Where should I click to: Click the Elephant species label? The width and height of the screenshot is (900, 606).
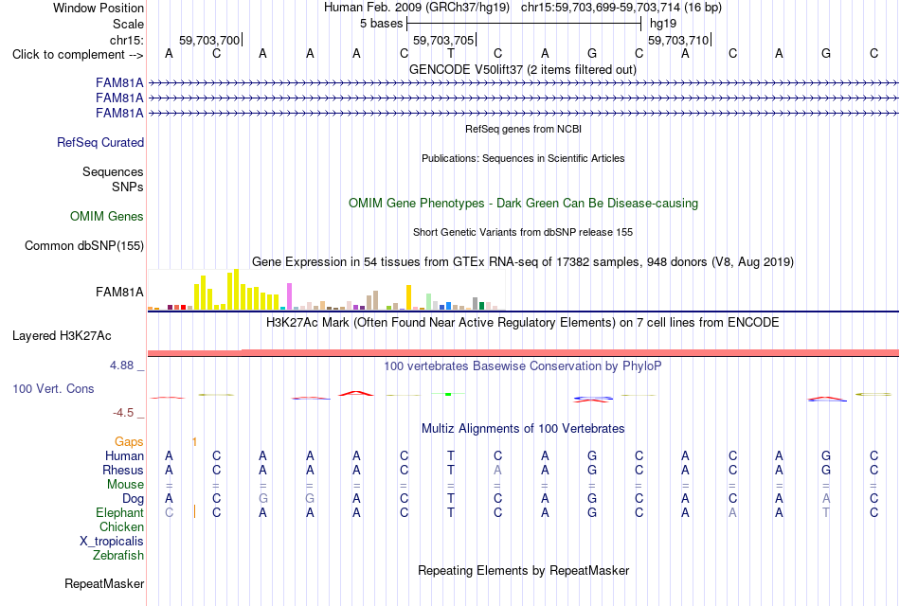coord(119,512)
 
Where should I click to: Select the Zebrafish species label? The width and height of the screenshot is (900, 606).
coord(118,555)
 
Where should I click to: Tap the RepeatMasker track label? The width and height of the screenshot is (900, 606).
coord(104,583)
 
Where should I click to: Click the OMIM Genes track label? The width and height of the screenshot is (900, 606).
coord(107,216)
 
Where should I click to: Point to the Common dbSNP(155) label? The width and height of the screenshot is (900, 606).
coord(83,245)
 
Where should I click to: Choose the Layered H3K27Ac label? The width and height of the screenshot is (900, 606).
coord(62,336)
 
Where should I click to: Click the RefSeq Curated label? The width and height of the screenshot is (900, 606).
coord(100,142)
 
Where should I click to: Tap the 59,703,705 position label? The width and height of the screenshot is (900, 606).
coord(443,40)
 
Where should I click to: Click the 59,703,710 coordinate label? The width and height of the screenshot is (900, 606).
coord(678,40)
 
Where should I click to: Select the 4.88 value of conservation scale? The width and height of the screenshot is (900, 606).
coord(121,365)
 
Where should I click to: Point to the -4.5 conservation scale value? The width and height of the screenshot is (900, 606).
coord(123,413)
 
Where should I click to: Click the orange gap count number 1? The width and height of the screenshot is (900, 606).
coord(194,442)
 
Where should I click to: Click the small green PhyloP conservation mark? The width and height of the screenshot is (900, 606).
coord(448,394)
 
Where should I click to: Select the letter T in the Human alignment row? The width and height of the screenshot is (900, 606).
coord(451,455)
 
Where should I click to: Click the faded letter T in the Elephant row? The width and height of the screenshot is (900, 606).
coord(825,512)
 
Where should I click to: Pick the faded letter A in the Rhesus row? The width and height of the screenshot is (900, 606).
coord(497,470)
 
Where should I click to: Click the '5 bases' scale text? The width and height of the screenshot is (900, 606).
coord(381,24)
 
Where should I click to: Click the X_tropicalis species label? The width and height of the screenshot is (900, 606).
coord(112,542)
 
